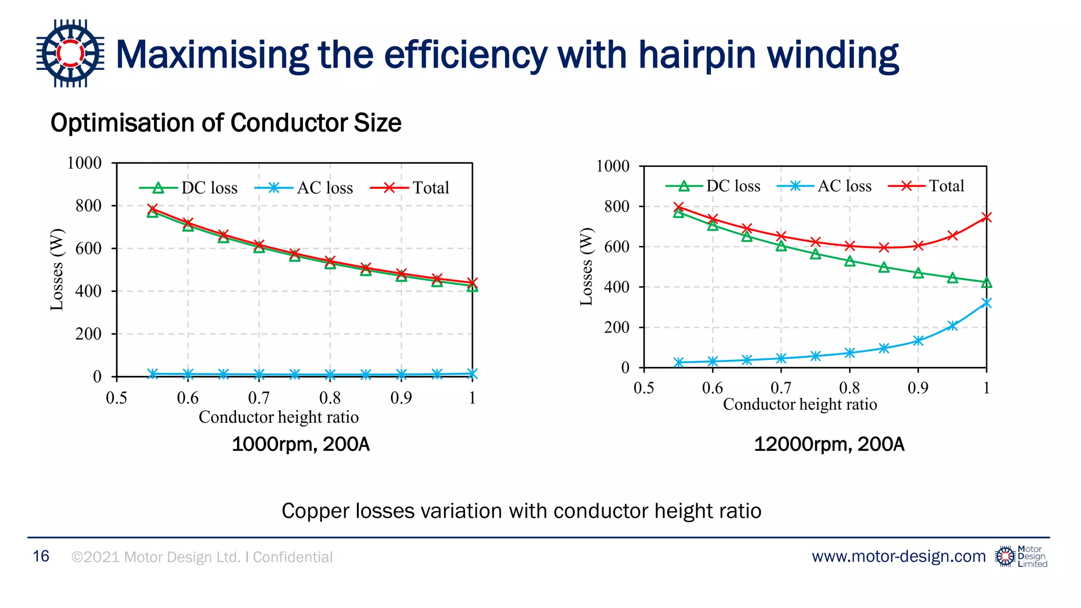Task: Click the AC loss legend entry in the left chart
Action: [305, 188]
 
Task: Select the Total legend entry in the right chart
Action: [927, 186]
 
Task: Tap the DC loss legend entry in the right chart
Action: [714, 186]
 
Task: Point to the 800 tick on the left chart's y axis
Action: [88, 206]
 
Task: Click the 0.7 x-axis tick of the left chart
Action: [259, 397]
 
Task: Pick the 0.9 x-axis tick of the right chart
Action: [918, 388]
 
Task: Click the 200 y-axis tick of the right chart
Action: [617, 327]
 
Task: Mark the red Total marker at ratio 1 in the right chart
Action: [986, 217]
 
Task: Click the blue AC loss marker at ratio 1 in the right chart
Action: [986, 303]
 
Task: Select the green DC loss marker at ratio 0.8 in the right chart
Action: [849, 261]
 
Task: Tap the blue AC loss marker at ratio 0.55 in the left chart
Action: [153, 374]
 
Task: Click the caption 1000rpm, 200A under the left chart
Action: [300, 444]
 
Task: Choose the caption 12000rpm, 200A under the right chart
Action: [829, 444]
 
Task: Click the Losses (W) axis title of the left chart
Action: [57, 270]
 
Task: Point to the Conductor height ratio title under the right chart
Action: [800, 404]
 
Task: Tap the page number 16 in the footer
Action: [41, 556]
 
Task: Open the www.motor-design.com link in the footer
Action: [898, 556]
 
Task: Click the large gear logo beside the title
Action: [70, 53]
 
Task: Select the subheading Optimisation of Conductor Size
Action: [226, 123]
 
